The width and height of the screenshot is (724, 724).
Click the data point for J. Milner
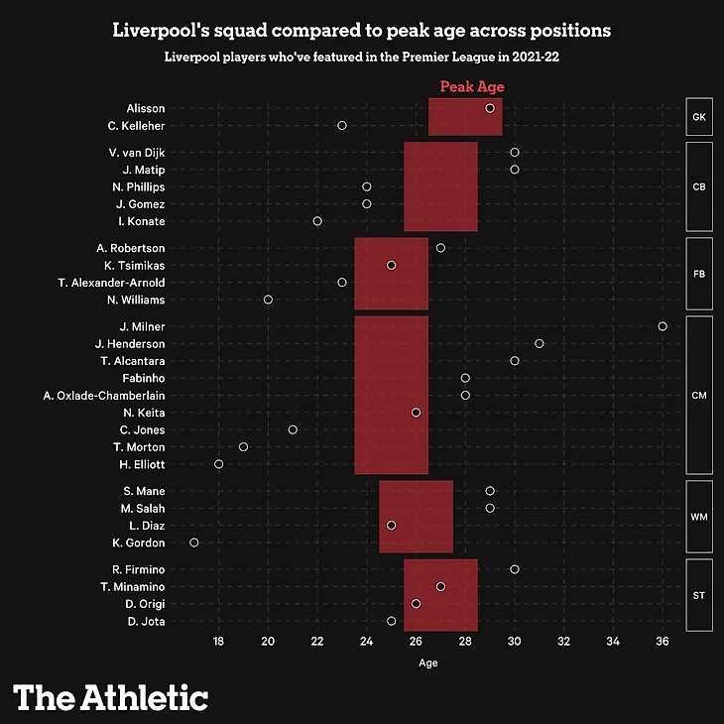click(x=663, y=326)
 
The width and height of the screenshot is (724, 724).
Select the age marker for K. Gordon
click(x=194, y=543)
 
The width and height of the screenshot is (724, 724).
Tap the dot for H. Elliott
click(x=219, y=464)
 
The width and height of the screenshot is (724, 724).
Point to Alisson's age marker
click(x=490, y=108)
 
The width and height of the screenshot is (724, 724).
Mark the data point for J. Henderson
click(x=540, y=343)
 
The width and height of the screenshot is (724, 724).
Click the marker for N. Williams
click(x=268, y=300)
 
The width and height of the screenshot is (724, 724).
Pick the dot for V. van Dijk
click(x=515, y=153)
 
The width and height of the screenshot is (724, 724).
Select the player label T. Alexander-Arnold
click(x=112, y=283)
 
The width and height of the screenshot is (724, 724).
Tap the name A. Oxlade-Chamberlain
click(x=104, y=396)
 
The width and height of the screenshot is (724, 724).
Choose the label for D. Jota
click(x=146, y=622)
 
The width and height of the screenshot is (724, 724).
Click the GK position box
click(x=698, y=117)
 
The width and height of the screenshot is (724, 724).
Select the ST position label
click(x=698, y=595)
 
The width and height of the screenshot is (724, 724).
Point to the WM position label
click(x=698, y=517)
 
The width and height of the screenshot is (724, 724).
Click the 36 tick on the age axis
click(x=663, y=643)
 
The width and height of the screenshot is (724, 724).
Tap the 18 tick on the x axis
click(x=219, y=643)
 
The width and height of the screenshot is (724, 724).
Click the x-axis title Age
click(x=428, y=663)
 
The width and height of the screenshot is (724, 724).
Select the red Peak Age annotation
click(x=472, y=87)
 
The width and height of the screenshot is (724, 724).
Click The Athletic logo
click(x=111, y=697)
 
